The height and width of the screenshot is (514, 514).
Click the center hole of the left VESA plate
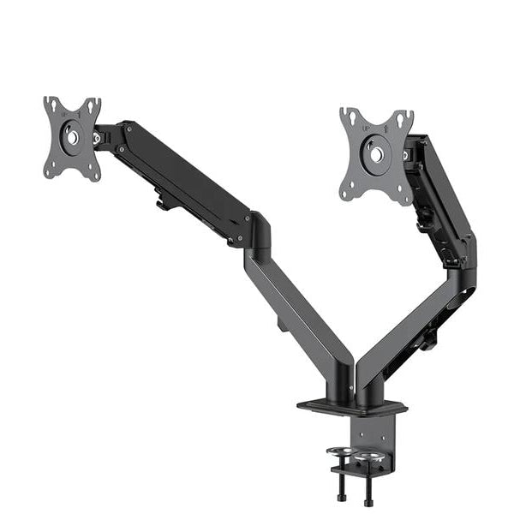click(x=72, y=137)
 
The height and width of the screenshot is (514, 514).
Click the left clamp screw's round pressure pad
click(x=340, y=451)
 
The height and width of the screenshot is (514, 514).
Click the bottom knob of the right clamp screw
click(x=369, y=499)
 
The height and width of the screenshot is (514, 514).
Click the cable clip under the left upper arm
click(x=162, y=204)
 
